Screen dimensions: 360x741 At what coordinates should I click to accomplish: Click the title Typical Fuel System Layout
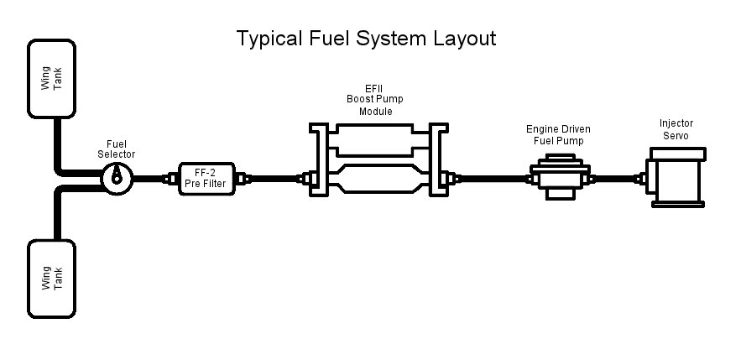point(366,39)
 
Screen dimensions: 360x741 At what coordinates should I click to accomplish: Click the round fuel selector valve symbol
point(117,176)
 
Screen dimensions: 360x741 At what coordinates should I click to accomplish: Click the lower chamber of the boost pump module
point(373,178)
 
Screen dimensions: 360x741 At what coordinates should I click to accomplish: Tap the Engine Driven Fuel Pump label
point(558,135)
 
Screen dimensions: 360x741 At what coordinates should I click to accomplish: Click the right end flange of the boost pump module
point(438,159)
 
